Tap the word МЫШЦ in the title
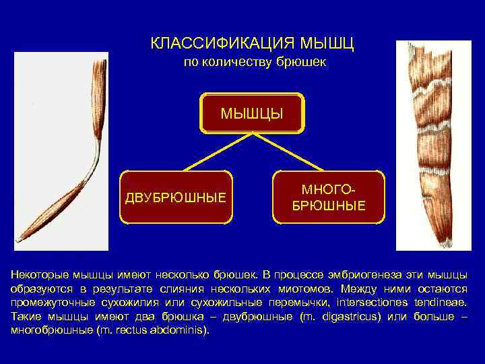(326, 44)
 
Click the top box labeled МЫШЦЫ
(253, 112)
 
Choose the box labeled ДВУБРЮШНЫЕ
(176, 198)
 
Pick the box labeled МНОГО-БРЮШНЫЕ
(329, 197)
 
